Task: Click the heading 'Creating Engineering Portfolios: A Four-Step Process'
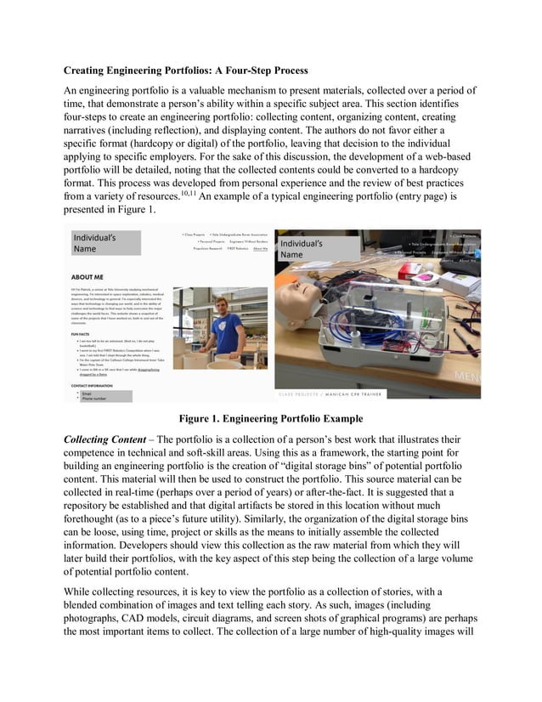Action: pos(186,70)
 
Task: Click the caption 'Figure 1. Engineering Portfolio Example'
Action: pos(270,418)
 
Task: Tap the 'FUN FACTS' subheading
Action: pos(82,335)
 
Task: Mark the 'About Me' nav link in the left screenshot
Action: pos(259,248)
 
